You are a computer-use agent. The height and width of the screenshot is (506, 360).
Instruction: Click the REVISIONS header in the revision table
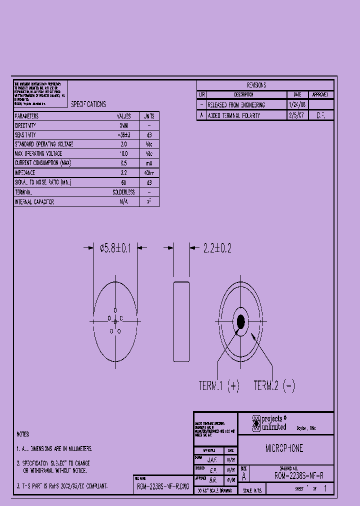pos(256,85)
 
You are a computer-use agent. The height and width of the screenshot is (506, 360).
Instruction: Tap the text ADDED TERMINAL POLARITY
pos(233,115)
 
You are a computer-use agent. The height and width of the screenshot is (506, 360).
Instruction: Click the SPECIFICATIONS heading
pos(88,104)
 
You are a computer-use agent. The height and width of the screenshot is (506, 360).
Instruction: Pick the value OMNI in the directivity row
pos(123,125)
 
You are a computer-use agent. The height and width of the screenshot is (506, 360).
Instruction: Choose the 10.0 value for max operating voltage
pos(123,153)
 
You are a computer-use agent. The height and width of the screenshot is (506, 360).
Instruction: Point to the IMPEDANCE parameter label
pos(25,172)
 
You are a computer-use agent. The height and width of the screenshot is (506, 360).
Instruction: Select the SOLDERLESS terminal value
pos(123,192)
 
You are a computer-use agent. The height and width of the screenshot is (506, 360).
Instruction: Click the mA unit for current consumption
pos(149,163)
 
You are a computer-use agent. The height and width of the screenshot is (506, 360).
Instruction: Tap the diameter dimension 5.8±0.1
pos(115,248)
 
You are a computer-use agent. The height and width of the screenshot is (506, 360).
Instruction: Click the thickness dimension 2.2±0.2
pos(216,248)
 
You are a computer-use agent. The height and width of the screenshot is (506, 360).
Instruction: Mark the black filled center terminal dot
pos(240,321)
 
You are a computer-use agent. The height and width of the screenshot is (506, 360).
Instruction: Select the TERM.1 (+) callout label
pos(219,386)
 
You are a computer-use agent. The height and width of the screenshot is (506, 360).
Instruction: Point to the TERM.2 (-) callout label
pos(274,386)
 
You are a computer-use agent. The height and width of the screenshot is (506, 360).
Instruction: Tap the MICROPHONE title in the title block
pos(284,448)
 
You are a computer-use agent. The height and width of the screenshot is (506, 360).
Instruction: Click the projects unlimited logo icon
pos(255,423)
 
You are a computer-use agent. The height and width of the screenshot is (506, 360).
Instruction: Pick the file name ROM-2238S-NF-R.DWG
pos(163,486)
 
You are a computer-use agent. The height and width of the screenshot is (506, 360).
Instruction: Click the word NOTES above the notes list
pos(23,434)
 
